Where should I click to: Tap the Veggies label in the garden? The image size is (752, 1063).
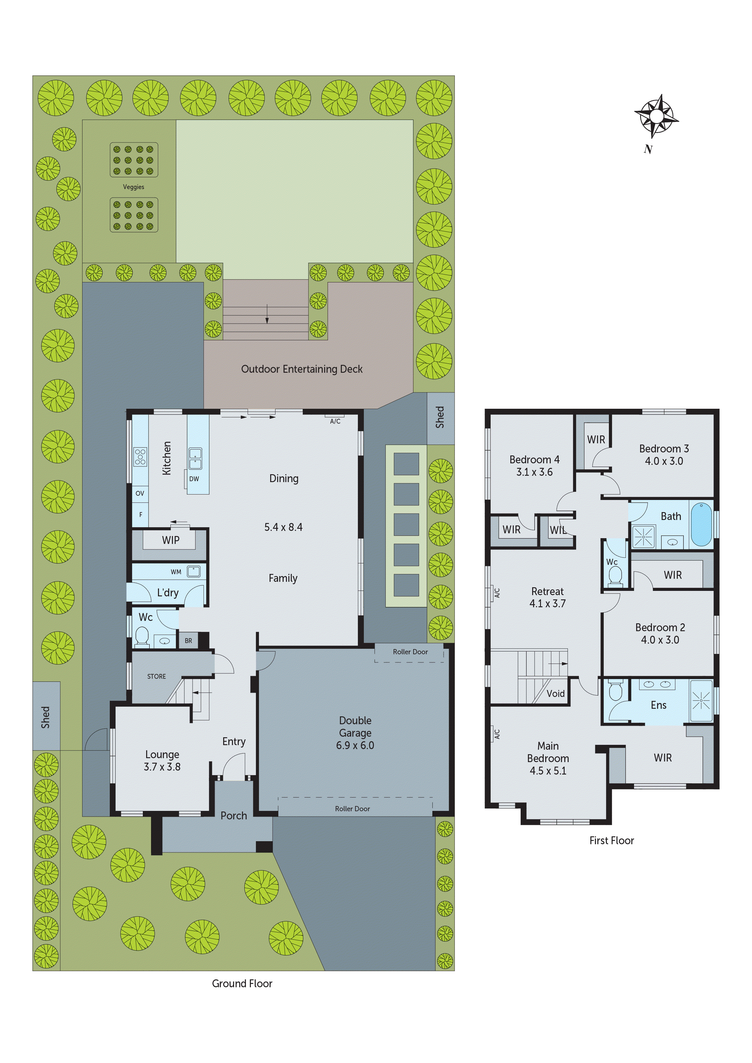(x=133, y=187)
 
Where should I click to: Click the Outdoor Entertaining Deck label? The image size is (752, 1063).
(x=302, y=369)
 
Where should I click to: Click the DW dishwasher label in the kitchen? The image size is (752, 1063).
(x=194, y=479)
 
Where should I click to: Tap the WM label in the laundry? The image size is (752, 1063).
(x=176, y=572)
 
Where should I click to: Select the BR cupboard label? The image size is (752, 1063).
(x=188, y=641)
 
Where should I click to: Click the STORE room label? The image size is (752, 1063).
(x=156, y=676)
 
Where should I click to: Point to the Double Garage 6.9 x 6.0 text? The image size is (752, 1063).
(x=355, y=733)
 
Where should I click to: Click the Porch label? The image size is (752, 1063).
(x=233, y=816)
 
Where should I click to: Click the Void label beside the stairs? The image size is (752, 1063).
(x=555, y=694)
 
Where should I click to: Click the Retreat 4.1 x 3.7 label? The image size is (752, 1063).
(x=547, y=597)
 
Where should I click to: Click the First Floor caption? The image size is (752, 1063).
(x=611, y=840)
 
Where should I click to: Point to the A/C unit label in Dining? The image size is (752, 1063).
(x=335, y=421)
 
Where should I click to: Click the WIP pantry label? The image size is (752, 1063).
(x=170, y=540)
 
